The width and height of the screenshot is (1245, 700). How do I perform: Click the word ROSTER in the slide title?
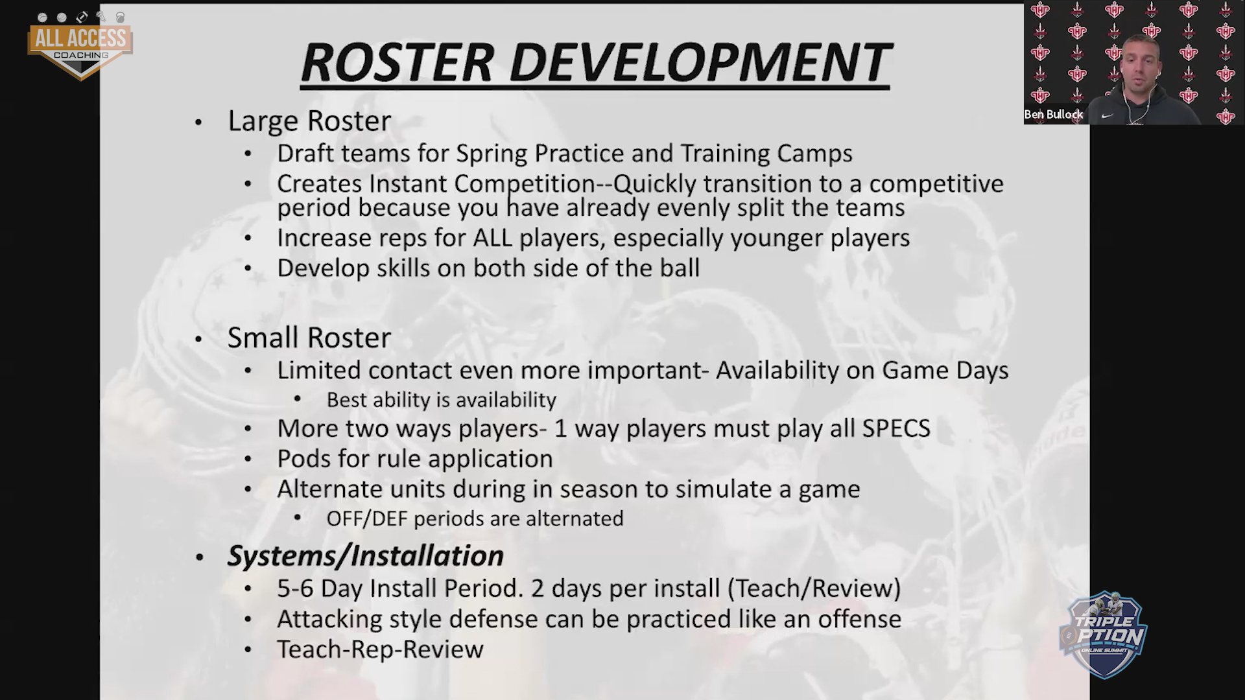point(397,63)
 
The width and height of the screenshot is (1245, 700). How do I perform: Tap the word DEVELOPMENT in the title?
point(700,63)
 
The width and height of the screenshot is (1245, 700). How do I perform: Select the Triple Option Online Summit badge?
point(1102,635)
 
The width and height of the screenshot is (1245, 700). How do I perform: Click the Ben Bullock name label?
point(1054,115)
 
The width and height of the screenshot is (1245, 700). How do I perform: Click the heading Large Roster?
point(309,121)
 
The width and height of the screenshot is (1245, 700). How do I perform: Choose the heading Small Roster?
point(309,338)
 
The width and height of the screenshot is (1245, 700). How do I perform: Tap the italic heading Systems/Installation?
point(365,556)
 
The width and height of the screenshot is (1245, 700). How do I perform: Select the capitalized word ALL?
point(493,238)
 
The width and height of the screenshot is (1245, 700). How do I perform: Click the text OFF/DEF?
point(368,519)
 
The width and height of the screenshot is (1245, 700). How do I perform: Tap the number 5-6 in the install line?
point(296,589)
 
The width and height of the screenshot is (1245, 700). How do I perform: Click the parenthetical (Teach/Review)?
point(814,589)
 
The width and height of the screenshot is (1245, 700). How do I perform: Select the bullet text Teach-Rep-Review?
point(381,649)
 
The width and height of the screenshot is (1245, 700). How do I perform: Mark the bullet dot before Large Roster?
point(198,122)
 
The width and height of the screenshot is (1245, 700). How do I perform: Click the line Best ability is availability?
point(442,400)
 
